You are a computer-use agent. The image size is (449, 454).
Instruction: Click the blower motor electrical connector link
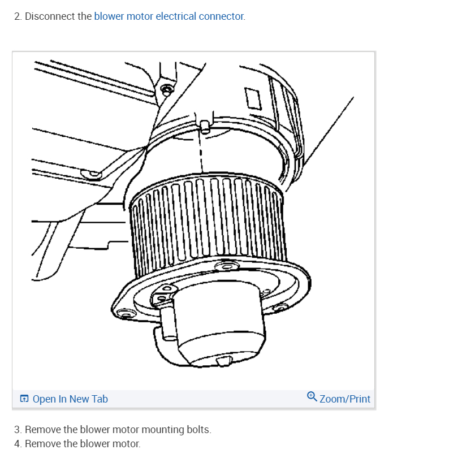(169, 16)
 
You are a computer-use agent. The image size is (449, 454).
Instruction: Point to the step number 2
(17, 16)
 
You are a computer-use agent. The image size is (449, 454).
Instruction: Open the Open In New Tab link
(70, 399)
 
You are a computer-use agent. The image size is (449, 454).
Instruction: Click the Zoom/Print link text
(345, 399)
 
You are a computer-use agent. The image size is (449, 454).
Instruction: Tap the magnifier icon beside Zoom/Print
(312, 397)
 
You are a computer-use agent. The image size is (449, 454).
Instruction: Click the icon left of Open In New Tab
(24, 399)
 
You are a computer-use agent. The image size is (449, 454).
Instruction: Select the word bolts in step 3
(198, 430)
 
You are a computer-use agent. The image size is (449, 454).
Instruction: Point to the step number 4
(17, 443)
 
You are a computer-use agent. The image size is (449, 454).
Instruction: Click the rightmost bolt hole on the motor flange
(279, 307)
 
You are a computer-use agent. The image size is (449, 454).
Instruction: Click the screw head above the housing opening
(166, 89)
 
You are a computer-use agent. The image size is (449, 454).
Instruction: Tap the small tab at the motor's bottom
(225, 360)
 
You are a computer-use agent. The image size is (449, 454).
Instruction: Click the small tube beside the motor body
(169, 325)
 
